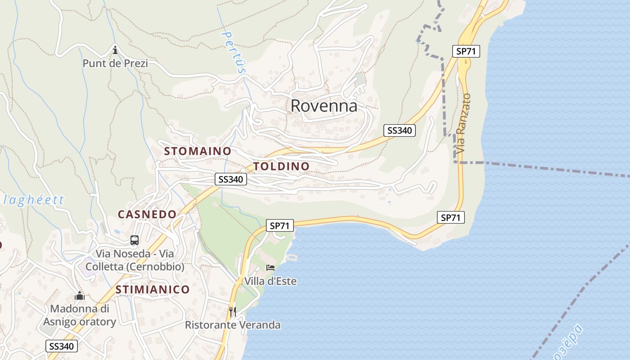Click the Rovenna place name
pos(324,106)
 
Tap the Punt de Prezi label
pos(115,63)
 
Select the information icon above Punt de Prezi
pos(115,49)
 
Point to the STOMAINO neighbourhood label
pos(198,151)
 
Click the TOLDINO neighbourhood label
pos(281,166)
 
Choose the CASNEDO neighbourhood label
pos(147,214)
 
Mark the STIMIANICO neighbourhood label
pos(153,289)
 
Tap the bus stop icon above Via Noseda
pos(134,240)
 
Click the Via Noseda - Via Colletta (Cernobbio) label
pos(135,260)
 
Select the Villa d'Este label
pos(270,281)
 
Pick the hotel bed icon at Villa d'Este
pos(270,268)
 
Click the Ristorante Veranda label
pos(233,325)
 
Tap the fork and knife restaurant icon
pos(233,311)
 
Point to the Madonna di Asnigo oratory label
pos(80,315)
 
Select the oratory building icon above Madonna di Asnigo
pos(80,296)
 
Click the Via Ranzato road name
pos(463,122)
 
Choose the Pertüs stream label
pos(234,52)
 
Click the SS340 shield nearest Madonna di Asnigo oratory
pos(62,346)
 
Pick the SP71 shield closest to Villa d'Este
pos(280,225)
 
